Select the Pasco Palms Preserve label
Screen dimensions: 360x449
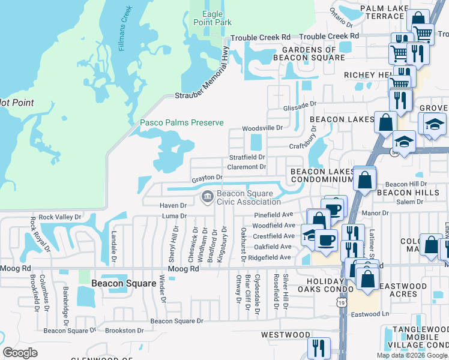(x=181, y=123)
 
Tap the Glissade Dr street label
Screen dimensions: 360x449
(x=300, y=105)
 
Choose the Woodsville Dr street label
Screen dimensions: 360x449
(x=262, y=128)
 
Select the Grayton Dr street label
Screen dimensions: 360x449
(x=207, y=178)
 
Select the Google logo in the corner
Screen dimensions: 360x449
(x=20, y=353)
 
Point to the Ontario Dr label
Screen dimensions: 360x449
(x=340, y=15)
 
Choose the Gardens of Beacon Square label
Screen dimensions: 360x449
(x=309, y=53)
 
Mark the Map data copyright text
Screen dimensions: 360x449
(x=411, y=355)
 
